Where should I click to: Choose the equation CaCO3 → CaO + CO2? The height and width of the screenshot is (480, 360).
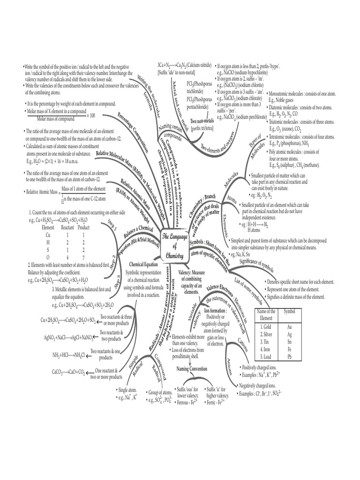(68, 372)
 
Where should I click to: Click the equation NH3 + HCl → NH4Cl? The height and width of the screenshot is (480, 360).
(68, 354)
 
